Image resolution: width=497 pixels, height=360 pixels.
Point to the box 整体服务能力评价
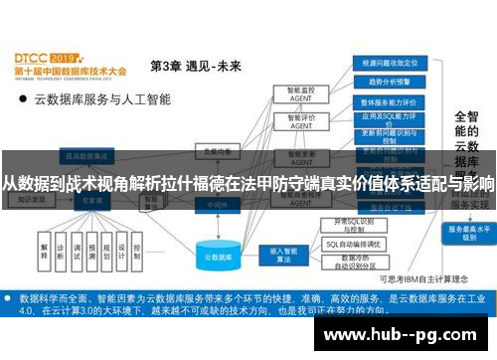tap(382, 101)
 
